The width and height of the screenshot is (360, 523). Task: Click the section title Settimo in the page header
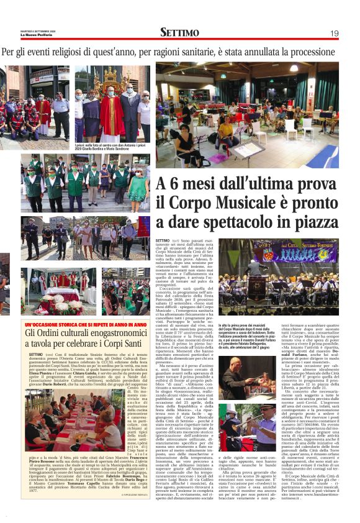pyautogui.click(x=179, y=32)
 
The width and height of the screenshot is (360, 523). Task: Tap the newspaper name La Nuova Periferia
pyautogui.click(x=19, y=34)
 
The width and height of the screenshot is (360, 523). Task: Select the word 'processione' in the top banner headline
pyautogui.click(x=317, y=53)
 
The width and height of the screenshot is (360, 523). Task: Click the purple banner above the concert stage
pyautogui.click(x=295, y=252)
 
